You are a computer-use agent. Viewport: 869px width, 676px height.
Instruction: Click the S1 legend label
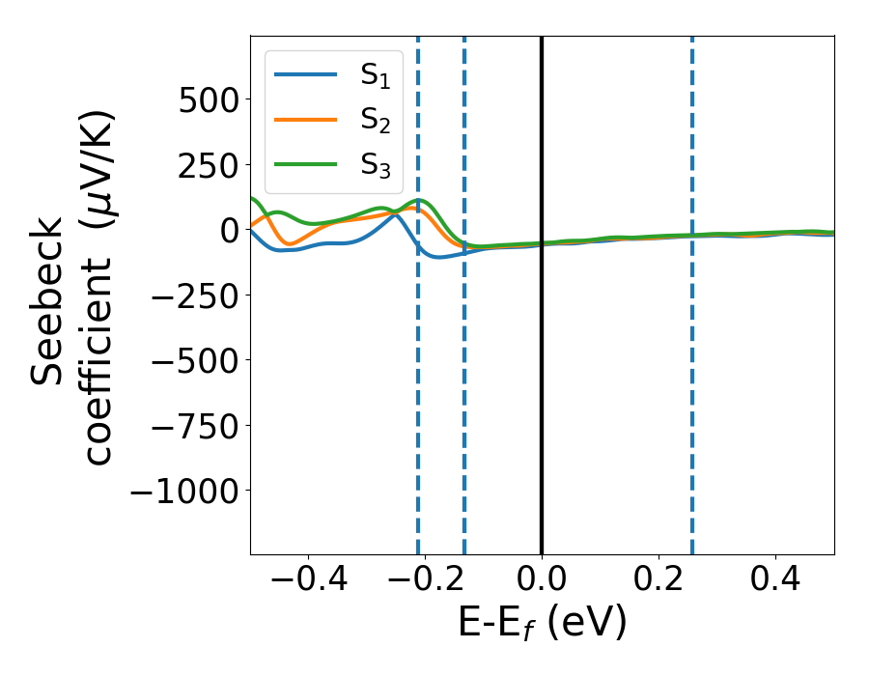coord(376,76)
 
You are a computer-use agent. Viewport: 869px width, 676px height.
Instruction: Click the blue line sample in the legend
coord(305,74)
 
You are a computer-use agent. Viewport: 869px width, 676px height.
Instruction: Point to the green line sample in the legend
coord(305,163)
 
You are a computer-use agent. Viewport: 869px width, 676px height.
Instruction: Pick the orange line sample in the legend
coord(305,119)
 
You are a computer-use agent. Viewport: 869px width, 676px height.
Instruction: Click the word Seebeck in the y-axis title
coord(48,301)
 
